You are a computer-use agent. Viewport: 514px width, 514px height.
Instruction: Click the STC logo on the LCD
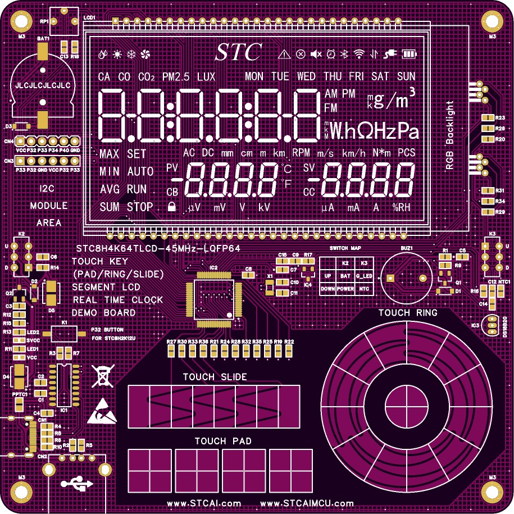239,52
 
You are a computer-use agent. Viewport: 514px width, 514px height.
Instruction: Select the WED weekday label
306,76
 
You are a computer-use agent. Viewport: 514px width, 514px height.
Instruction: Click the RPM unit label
301,153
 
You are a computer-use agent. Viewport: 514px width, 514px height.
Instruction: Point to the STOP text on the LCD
140,207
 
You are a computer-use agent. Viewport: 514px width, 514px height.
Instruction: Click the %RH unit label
401,207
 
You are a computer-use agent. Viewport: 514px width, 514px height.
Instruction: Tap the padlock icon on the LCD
171,207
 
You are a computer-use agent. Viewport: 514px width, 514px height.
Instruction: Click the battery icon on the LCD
410,54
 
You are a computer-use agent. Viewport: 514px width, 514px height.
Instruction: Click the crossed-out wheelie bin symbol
102,375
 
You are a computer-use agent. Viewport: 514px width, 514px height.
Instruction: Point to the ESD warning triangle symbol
102,411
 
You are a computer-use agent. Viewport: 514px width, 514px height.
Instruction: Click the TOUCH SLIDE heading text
215,377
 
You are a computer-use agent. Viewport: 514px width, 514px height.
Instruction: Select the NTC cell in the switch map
364,288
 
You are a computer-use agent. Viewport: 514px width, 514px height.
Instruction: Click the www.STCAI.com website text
204,503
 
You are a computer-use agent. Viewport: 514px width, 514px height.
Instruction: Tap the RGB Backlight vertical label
449,135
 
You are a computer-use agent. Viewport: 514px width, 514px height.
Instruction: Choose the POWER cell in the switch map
346,288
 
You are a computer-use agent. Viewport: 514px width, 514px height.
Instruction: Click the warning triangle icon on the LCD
284,54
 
